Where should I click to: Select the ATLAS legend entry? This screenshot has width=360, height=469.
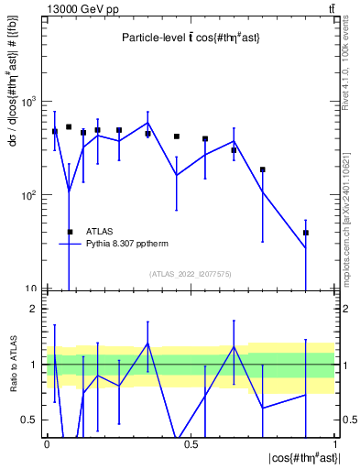point(100,232)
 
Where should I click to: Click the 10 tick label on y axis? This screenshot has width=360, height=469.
point(30,289)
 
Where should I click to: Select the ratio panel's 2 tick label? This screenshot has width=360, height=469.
point(36,309)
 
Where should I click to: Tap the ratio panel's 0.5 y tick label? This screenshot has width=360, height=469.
point(30,420)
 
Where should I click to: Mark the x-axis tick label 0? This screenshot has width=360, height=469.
point(47,443)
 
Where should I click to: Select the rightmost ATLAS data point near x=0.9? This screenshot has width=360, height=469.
point(306,233)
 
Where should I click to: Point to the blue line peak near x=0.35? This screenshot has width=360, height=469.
point(147,123)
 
